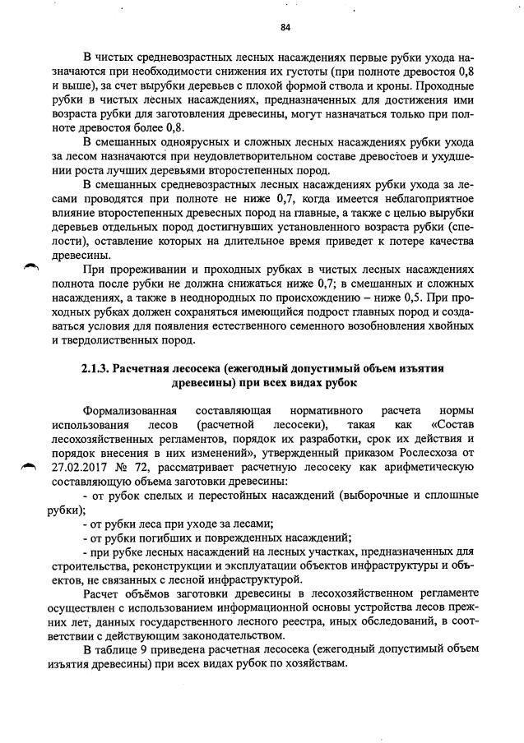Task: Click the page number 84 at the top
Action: coord(285,27)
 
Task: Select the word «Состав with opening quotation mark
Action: coord(451,424)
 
